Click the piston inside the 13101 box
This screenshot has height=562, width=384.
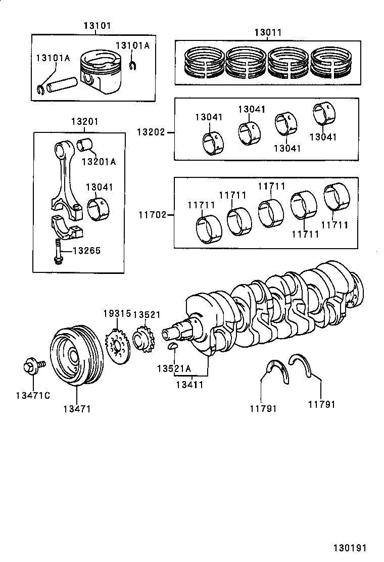(103, 75)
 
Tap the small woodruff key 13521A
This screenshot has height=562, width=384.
(172, 346)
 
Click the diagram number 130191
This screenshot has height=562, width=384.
(349, 548)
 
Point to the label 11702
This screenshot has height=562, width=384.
(153, 215)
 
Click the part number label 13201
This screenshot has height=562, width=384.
(84, 122)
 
